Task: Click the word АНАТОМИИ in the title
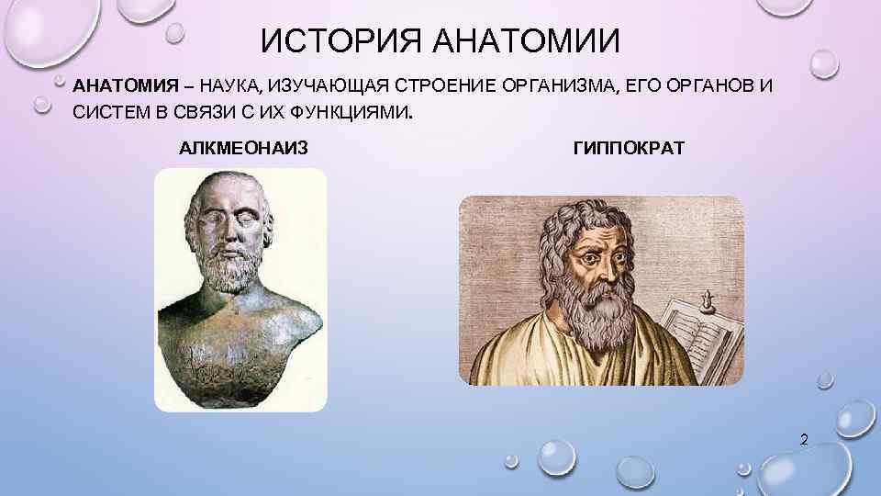[524, 41]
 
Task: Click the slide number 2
[804, 441]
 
